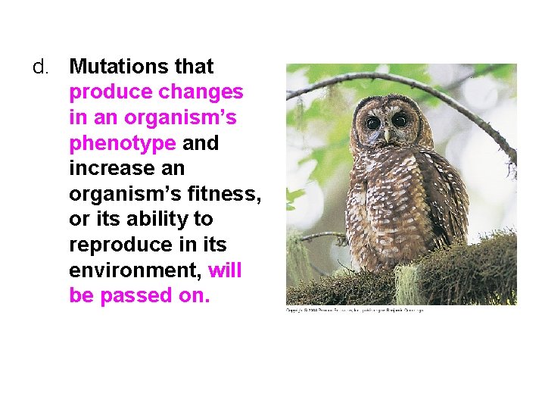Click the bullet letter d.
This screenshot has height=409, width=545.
pyautogui.click(x=40, y=67)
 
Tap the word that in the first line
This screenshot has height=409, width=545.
pyautogui.click(x=194, y=67)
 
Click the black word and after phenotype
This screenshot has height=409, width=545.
pyautogui.click(x=201, y=143)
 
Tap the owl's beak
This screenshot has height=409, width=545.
pyautogui.click(x=387, y=135)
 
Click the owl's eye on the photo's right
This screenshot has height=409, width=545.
pyautogui.click(x=399, y=121)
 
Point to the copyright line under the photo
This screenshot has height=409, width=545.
pyautogui.click(x=354, y=310)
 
